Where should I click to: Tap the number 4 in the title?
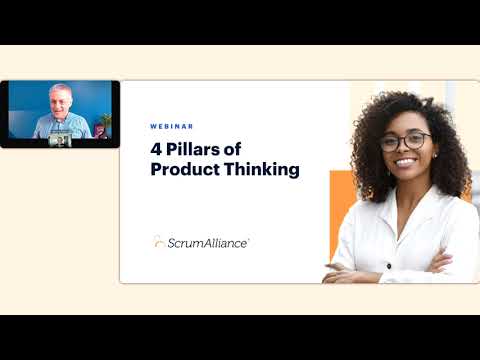(156, 150)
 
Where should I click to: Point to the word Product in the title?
(184, 169)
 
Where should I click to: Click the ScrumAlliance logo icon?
(159, 241)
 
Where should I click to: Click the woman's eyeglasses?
(404, 141)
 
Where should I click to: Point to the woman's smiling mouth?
(406, 161)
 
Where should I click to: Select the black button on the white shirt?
(389, 265)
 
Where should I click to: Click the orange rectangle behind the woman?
(340, 215)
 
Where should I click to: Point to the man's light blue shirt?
(60, 127)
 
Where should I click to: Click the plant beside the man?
(103, 122)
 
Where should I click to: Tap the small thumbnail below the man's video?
(60, 141)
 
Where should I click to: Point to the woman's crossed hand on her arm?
(440, 263)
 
